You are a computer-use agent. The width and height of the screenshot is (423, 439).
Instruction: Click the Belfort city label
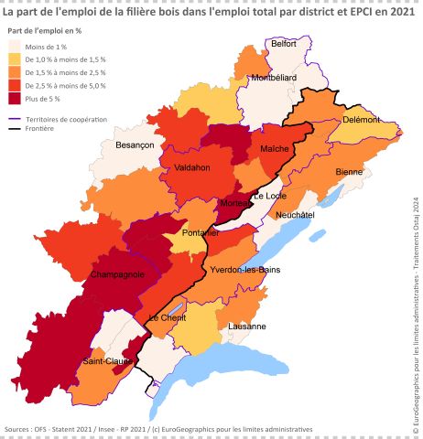pyautogui.click(x=284, y=43)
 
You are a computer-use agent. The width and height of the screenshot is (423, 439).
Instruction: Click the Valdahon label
pyautogui.click(x=191, y=167)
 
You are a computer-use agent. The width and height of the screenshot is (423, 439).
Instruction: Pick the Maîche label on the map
pyautogui.click(x=275, y=148)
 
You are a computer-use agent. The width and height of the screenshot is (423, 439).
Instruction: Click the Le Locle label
pyautogui.click(x=271, y=197)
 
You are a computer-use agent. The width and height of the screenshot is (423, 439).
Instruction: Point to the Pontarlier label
pyautogui.click(x=199, y=233)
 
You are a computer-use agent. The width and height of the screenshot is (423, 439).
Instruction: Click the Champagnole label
pyautogui.click(x=117, y=274)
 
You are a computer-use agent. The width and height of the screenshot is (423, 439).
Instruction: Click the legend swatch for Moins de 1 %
pyautogui.click(x=18, y=46)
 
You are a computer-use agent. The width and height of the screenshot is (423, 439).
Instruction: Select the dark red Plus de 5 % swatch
pyautogui.click(x=18, y=98)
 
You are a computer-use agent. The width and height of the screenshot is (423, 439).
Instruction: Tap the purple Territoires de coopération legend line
pyautogui.click(x=17, y=119)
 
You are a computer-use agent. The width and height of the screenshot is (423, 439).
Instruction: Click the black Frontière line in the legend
pyautogui.click(x=17, y=129)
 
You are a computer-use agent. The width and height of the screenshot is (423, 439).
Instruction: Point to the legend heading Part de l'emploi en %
pyautogui.click(x=45, y=30)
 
